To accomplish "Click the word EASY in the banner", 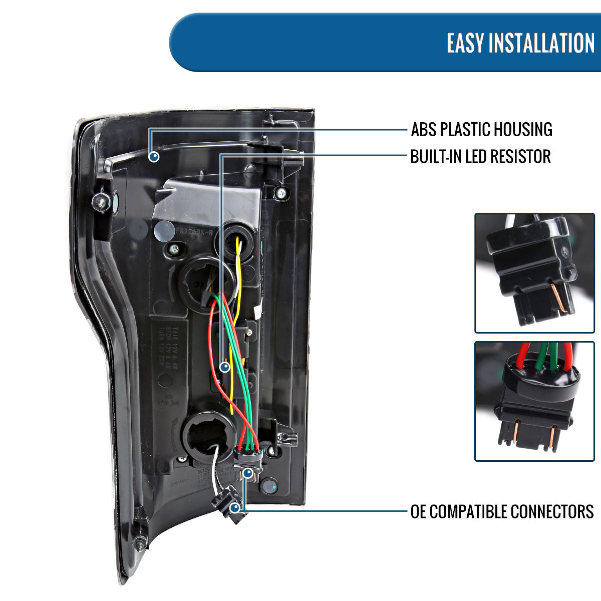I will [465, 43].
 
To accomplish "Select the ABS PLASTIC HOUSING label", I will [481, 129].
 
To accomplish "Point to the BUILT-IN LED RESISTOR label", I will [480, 156].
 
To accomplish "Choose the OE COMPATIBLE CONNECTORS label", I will [502, 511].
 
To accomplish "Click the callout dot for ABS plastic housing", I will [154, 157].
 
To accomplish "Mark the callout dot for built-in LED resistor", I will [224, 367].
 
